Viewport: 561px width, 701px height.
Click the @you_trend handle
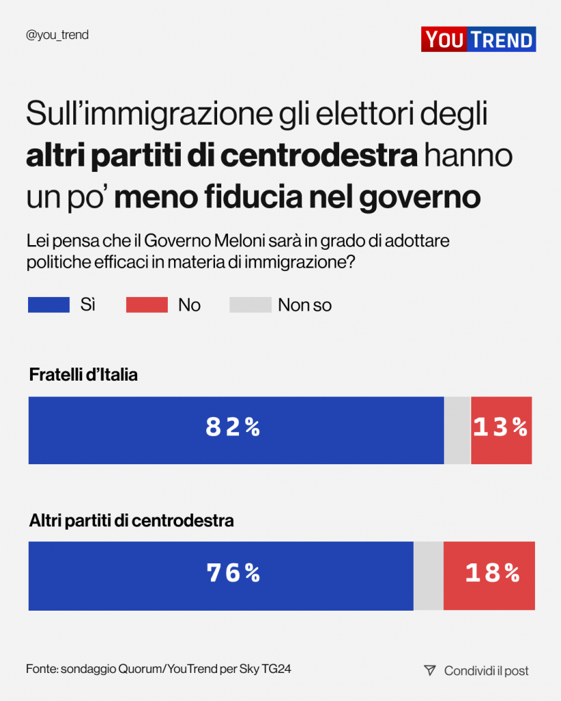[57, 35]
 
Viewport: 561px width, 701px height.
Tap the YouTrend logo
[478, 39]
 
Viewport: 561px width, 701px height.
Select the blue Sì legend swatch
[49, 305]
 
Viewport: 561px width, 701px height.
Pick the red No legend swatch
[147, 305]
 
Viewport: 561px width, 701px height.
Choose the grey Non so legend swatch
[250, 305]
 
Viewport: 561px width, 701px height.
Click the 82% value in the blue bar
[234, 428]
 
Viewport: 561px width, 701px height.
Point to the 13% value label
[501, 428]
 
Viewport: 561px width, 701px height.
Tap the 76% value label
[234, 574]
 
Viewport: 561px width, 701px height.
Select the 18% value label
[493, 574]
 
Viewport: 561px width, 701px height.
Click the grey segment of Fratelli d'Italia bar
[458, 430]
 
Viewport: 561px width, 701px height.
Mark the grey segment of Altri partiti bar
[429, 576]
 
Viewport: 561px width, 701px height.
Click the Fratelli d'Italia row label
[84, 375]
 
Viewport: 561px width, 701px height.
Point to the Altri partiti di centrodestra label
[132, 521]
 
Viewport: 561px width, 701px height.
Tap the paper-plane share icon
[429, 670]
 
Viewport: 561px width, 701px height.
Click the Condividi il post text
[486, 671]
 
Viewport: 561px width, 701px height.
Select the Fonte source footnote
[159, 669]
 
